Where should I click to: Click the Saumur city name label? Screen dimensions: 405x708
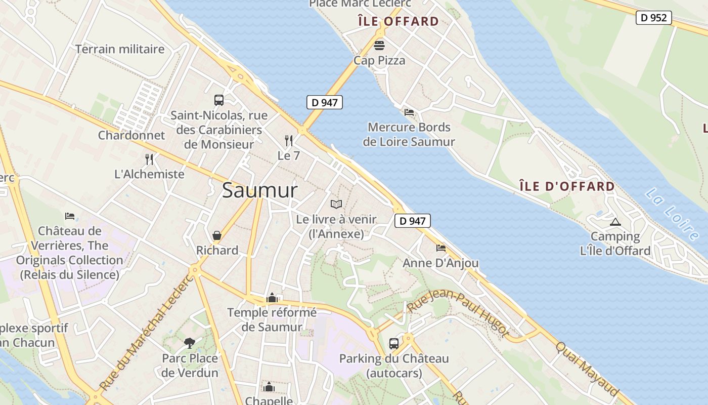260,191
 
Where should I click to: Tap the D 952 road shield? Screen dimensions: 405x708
653,18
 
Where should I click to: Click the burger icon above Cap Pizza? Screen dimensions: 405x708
379,46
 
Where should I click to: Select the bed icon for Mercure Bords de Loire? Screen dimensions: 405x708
409,112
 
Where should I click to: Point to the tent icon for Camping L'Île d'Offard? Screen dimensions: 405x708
615,222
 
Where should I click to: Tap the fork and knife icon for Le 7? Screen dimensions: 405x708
289,140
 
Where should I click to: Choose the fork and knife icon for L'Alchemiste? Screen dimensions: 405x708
149,159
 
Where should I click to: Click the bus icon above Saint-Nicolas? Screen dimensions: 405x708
219,100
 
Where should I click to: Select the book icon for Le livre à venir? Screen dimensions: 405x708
336,204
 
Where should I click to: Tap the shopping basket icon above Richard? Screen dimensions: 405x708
217,235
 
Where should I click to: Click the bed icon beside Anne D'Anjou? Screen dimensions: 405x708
441,248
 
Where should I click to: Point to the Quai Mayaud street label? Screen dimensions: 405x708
587,369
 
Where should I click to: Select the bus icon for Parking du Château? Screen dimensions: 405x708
394,344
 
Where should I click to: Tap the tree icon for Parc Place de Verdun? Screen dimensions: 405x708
190,343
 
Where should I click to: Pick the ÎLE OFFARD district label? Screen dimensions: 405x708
398,21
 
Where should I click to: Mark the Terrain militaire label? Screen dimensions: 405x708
120,49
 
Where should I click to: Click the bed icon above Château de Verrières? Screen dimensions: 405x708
70,216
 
